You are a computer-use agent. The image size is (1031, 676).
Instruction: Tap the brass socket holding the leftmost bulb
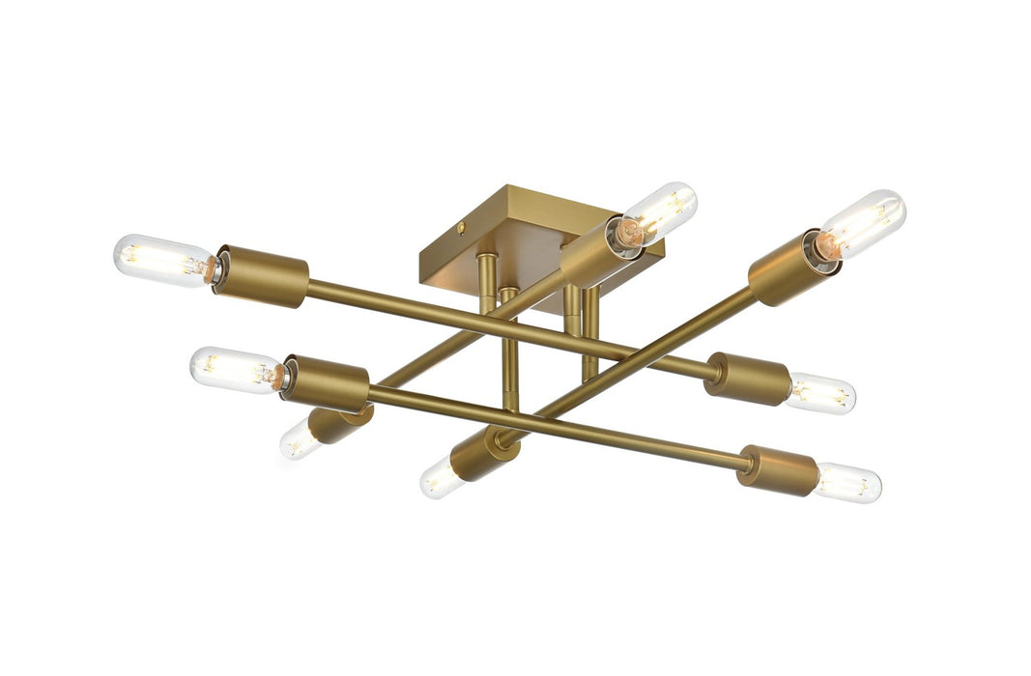261,276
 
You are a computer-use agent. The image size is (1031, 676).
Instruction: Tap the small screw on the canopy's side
462,229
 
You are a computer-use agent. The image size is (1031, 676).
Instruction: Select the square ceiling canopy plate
502,241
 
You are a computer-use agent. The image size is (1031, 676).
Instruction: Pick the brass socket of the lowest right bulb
778,470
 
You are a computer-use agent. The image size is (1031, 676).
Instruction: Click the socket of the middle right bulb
748,379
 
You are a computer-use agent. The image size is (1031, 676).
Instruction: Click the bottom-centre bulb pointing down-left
441,477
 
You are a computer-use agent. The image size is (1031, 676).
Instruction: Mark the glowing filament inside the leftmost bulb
155,259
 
